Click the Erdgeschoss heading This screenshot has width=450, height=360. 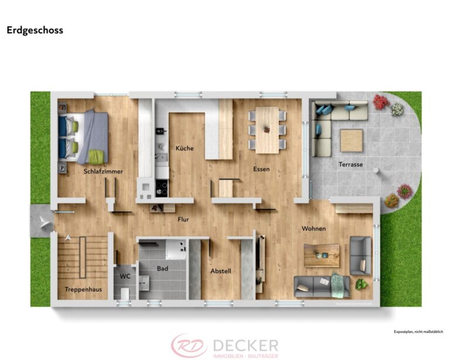tap(35, 30)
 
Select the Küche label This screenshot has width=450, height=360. tap(185, 148)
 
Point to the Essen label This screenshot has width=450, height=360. tap(261, 169)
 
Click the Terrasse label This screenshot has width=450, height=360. tap(350, 164)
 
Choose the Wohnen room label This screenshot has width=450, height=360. tap(313, 228)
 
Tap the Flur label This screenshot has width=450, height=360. tap(183, 220)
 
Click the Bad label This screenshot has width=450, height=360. tap(162, 269)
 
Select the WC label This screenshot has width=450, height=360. tap(125, 276)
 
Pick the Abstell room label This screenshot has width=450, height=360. tap(220, 271)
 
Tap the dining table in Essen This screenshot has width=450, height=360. tap(267, 129)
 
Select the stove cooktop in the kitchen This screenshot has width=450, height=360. tap(161, 188)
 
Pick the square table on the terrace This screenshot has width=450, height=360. tap(351, 140)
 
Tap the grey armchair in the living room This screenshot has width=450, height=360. tap(360, 255)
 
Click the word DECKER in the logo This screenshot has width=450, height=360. tap(246, 345)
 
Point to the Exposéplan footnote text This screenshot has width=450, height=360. tap(418, 332)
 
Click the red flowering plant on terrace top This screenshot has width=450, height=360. tap(380, 102)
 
